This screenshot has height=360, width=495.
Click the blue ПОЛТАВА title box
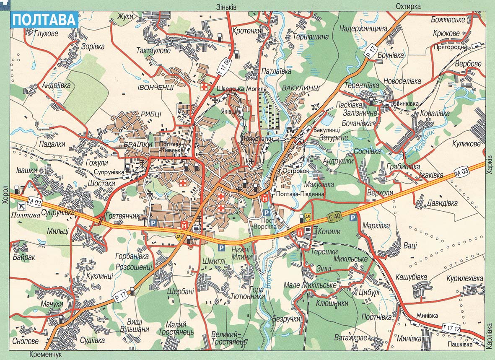pos(44,20)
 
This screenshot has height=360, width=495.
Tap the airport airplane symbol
pos(21,206)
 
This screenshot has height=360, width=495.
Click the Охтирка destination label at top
pos(409,6)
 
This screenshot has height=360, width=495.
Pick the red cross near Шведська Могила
pos(204,87)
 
